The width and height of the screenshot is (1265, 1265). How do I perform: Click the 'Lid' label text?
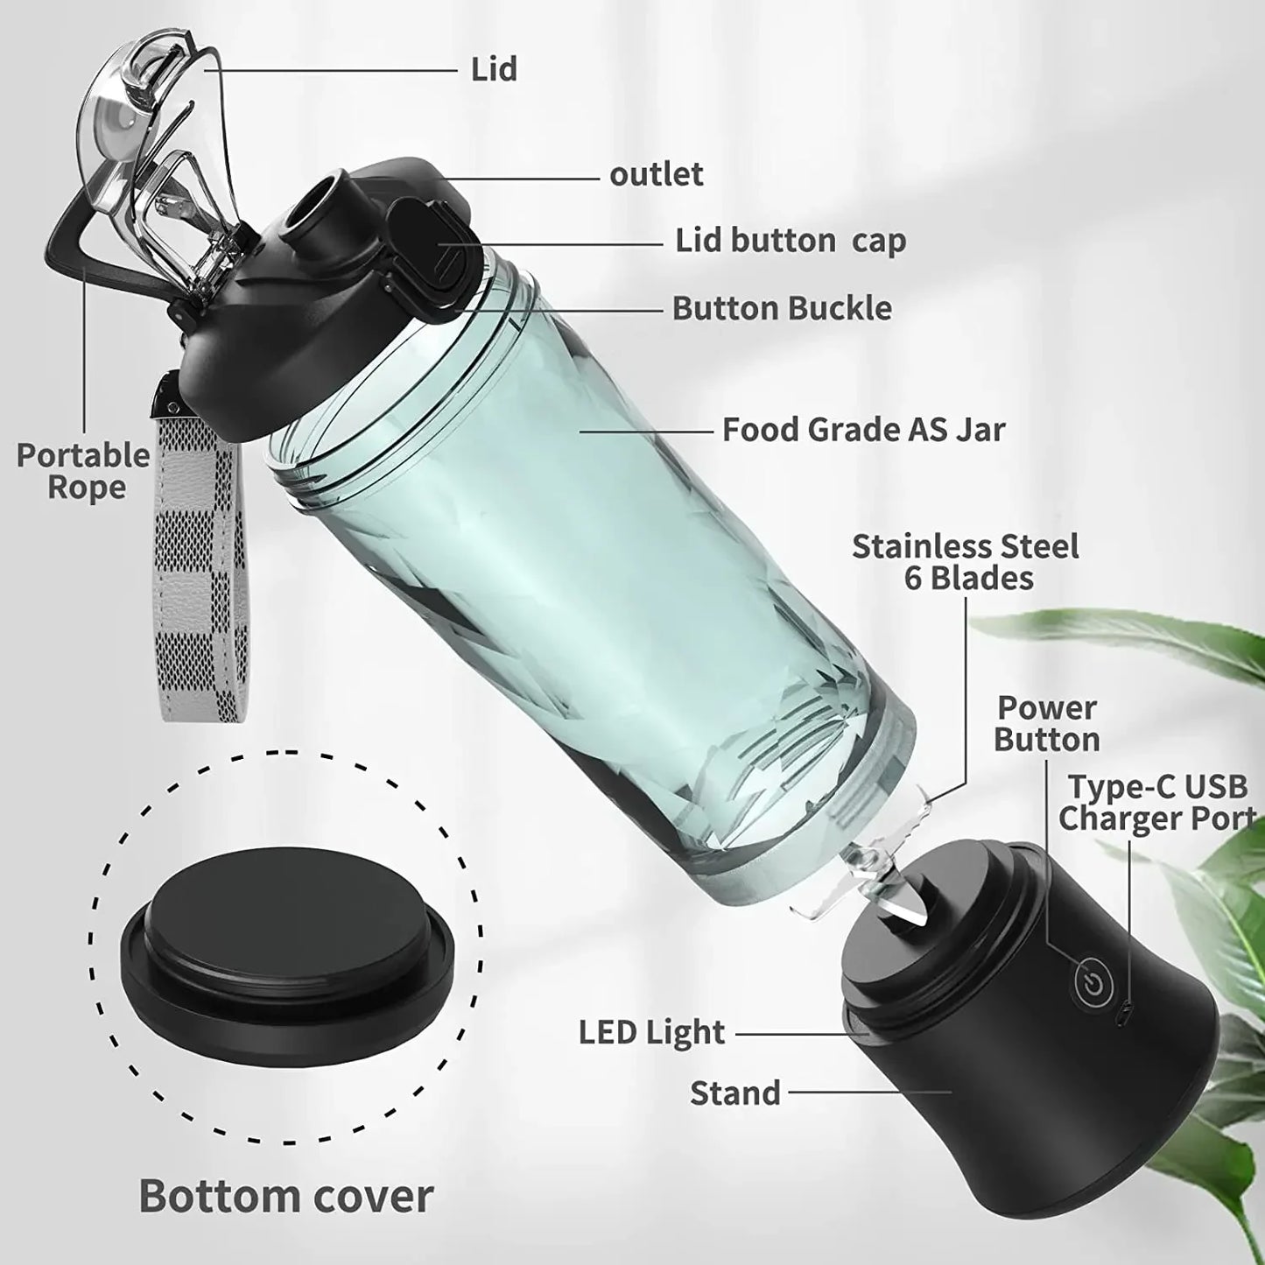click(494, 69)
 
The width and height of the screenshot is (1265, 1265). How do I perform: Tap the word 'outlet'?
click(656, 174)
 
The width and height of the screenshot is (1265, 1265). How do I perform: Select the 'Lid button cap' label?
click(790, 241)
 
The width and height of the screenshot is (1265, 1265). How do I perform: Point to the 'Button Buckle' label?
click(782, 308)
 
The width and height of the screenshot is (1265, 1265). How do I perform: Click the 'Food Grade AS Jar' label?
click(863, 430)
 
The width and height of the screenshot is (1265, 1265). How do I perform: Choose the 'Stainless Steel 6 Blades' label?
click(965, 562)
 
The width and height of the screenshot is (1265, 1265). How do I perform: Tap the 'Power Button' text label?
click(1046, 723)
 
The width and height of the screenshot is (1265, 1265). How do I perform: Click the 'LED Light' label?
click(651, 1033)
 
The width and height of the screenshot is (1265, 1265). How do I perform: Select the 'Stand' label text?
click(734, 1093)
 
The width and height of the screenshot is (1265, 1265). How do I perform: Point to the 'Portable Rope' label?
click(84, 471)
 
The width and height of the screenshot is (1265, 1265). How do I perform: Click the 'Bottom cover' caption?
click(286, 1196)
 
